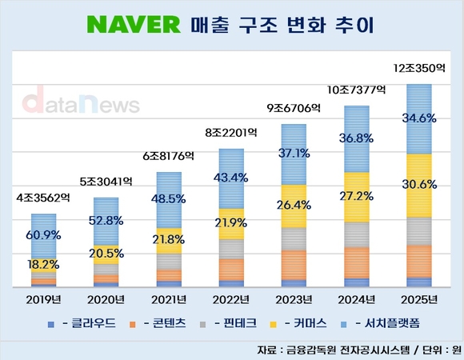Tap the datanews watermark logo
(80, 103)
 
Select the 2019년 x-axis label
(44, 299)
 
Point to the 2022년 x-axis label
(232, 299)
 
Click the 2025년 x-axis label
(419, 299)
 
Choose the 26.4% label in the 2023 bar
(294, 204)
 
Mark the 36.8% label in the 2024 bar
(357, 138)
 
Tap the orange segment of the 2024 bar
(357, 262)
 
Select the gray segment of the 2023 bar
(294, 238)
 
